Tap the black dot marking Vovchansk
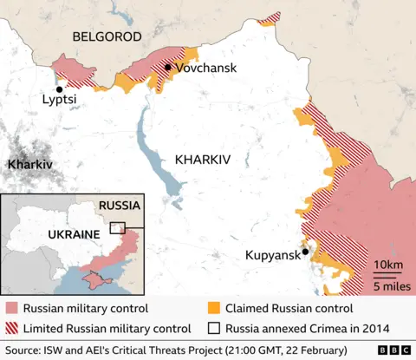(x=166, y=67)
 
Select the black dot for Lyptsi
(x=60, y=89)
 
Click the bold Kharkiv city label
(x=29, y=164)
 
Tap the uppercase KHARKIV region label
(x=203, y=160)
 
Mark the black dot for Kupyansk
(x=305, y=252)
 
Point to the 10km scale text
(x=387, y=265)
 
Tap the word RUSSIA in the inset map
(x=119, y=206)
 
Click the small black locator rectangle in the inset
(x=117, y=228)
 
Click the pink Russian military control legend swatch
(x=11, y=308)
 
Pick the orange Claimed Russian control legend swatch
(x=214, y=308)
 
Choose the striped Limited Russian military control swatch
(x=11, y=328)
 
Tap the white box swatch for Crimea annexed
(x=214, y=328)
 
